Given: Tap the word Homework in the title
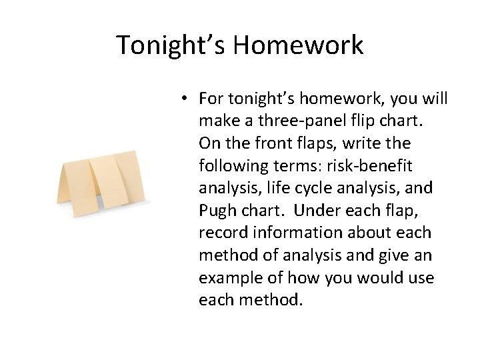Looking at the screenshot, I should click(x=299, y=45).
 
